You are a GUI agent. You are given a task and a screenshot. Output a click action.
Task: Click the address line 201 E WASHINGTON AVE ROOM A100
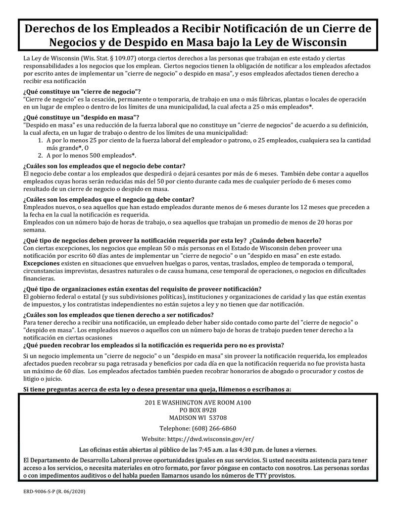click(x=198, y=402)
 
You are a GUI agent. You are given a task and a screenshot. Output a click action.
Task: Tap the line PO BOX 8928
click(x=198, y=410)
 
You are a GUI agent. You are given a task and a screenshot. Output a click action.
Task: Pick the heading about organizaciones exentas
click(x=142, y=289)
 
